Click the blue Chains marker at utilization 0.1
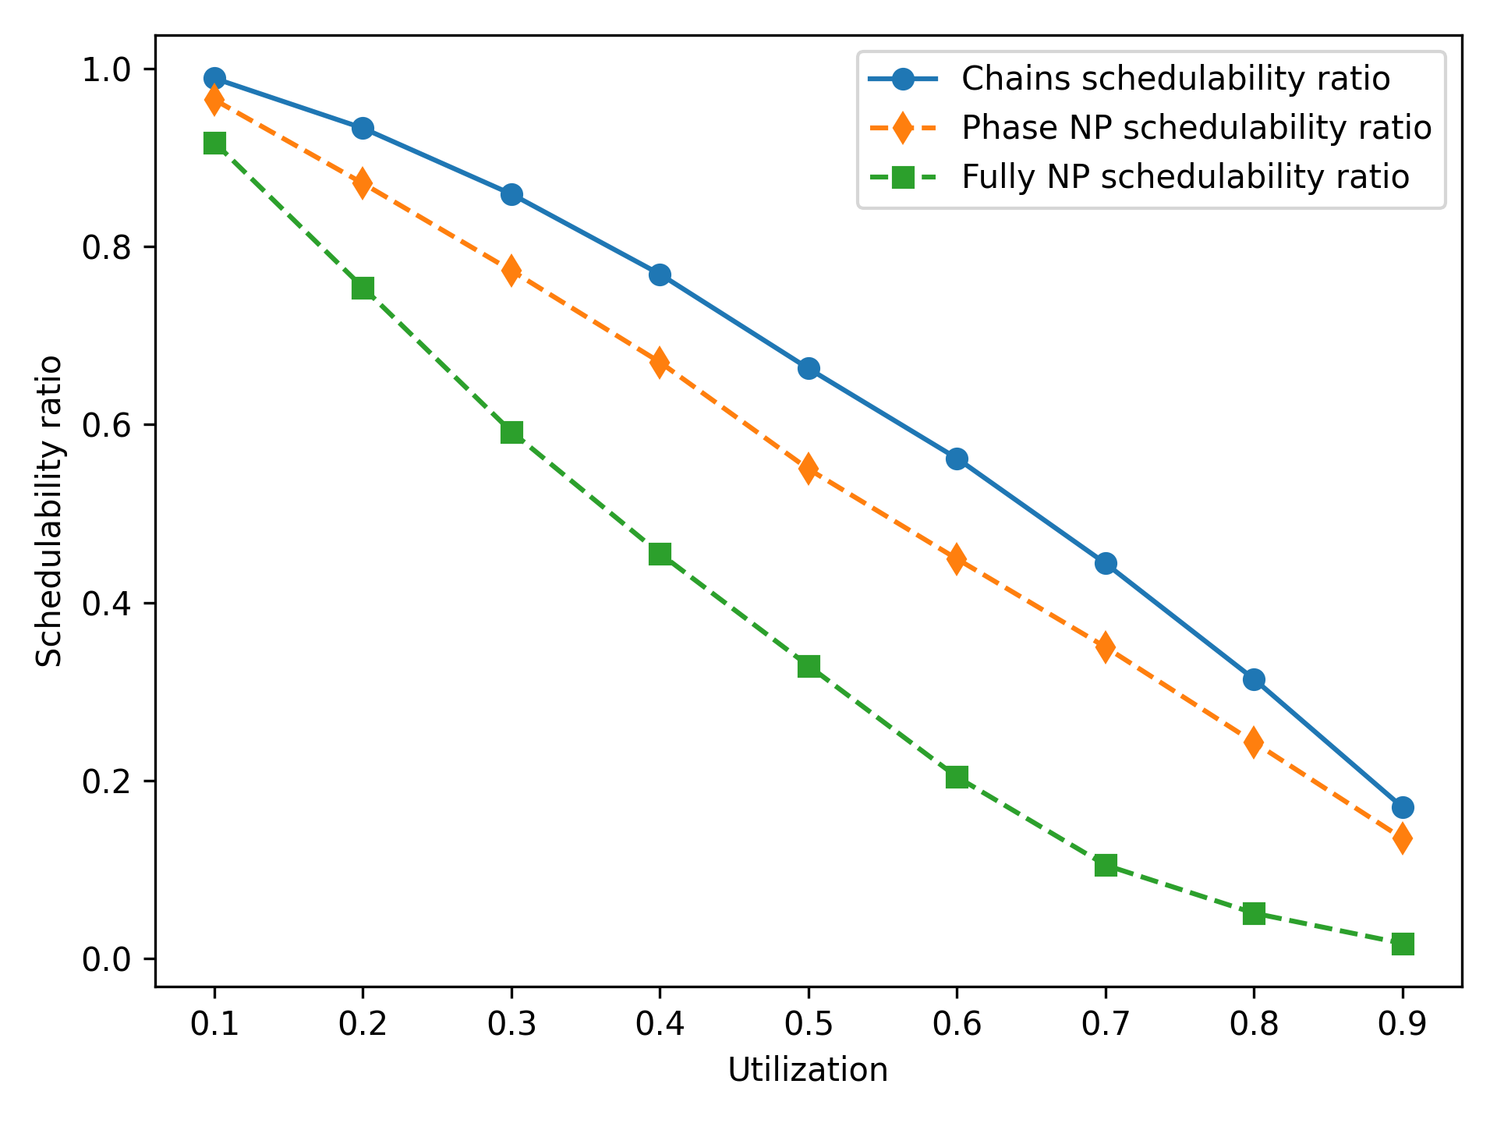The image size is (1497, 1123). pyautogui.click(x=214, y=78)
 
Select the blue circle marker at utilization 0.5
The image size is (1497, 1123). pyautogui.click(x=809, y=368)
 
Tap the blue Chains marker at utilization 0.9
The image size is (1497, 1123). pyautogui.click(x=1403, y=807)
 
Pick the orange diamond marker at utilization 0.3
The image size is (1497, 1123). pyautogui.click(x=511, y=271)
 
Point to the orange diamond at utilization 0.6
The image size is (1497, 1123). pyautogui.click(x=957, y=559)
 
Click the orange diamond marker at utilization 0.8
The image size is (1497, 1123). pyautogui.click(x=1254, y=742)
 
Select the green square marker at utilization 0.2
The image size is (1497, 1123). pyautogui.click(x=363, y=289)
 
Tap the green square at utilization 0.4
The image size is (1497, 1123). pyautogui.click(x=660, y=554)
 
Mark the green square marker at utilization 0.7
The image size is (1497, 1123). pyautogui.click(x=1106, y=866)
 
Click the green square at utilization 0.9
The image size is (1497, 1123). pyautogui.click(x=1403, y=944)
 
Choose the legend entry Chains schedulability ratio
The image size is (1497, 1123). pyautogui.click(x=1176, y=79)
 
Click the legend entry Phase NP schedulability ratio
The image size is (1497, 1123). pyautogui.click(x=1196, y=128)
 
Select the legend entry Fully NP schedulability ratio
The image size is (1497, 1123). pyautogui.click(x=1185, y=177)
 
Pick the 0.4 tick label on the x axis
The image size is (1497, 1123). pyautogui.click(x=660, y=1025)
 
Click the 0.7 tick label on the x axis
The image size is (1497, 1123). pyautogui.click(x=1106, y=1025)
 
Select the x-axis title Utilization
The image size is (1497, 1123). pyautogui.click(x=808, y=1071)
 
